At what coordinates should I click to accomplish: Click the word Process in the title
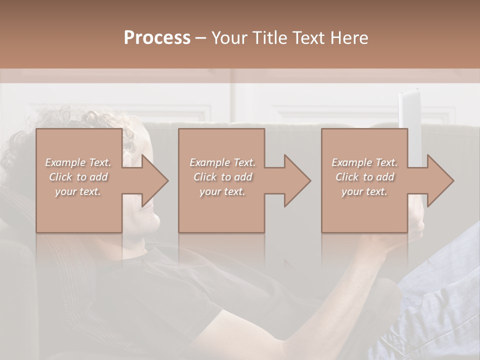coord(157,38)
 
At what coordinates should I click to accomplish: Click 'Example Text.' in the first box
coord(78,162)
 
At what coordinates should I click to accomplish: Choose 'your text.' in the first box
coord(78,191)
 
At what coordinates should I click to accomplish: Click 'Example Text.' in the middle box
coord(222,162)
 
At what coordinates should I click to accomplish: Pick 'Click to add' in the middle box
coord(222,177)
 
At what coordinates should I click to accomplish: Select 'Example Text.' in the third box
coord(364,162)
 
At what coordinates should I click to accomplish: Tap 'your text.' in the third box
coord(364,191)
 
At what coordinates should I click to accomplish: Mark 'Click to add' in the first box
coord(78,177)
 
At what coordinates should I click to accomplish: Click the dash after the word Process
coord(201,38)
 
